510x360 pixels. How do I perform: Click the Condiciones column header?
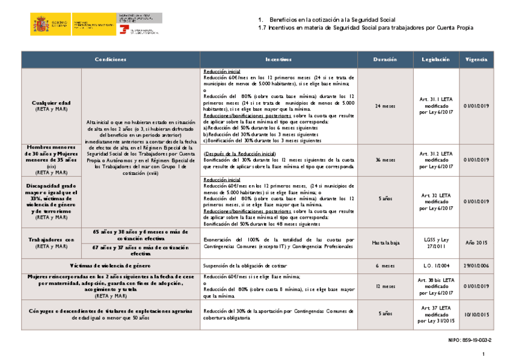(111, 59)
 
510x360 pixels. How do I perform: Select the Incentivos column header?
(278, 59)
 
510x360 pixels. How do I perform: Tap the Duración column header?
(385, 59)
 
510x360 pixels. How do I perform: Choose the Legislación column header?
(436, 59)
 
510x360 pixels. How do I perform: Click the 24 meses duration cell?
(385, 106)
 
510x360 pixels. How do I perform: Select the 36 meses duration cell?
(385, 160)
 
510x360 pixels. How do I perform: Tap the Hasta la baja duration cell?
(385, 243)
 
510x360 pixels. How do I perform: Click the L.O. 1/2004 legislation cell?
(436, 265)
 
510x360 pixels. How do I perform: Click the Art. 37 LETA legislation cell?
(436, 314)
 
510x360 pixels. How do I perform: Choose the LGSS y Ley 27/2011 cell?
(436, 243)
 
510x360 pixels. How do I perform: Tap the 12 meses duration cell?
(385, 287)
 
